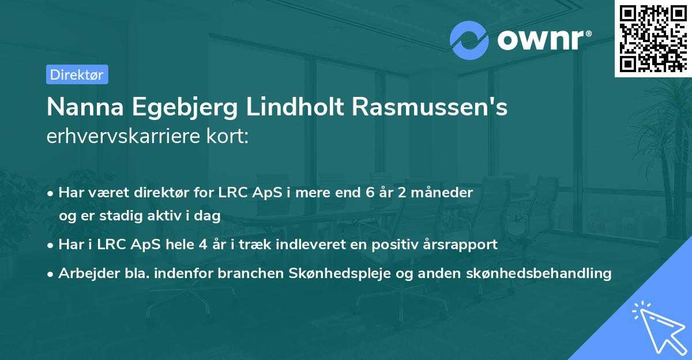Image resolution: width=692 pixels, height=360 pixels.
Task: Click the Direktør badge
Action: [77, 74]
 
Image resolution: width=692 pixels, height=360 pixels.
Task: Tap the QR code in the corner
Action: [653, 38]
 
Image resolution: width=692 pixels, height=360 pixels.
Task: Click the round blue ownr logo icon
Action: [469, 40]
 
